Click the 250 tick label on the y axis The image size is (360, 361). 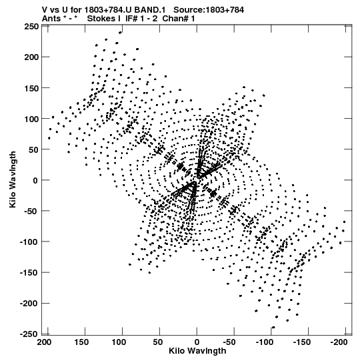pos(31,27)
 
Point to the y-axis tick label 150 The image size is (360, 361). pos(31,88)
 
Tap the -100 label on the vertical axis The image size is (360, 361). pos(29,242)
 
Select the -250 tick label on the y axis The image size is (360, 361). pos(29,334)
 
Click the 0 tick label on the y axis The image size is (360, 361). pos(35,180)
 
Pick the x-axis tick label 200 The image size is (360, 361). pos(44,342)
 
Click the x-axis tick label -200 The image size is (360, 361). pos(339,342)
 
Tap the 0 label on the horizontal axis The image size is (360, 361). pos(197,342)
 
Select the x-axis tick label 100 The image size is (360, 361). pos(119,342)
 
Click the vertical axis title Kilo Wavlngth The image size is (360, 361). pos(13,179)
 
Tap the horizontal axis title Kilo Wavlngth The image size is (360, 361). pos(197,351)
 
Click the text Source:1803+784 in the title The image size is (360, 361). pos(209,10)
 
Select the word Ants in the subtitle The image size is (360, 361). pos(51,19)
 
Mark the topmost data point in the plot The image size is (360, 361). pos(120,33)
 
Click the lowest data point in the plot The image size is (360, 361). pos(273,327)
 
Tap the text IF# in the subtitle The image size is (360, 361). pos(131,19)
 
